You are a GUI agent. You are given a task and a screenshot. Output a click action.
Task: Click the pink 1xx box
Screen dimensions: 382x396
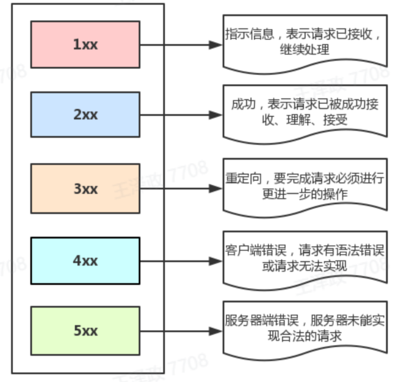85,44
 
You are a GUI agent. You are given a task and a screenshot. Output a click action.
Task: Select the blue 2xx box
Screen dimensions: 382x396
85,115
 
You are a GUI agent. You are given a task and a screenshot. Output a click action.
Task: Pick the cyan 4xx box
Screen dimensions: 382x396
85,261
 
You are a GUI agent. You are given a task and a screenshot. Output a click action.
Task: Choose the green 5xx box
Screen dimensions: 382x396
85,330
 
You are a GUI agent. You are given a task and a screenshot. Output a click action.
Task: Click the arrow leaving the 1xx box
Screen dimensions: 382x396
181,44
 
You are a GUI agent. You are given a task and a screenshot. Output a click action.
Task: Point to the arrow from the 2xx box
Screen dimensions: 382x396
181,115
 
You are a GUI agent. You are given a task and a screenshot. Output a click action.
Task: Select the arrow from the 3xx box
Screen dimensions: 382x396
181,188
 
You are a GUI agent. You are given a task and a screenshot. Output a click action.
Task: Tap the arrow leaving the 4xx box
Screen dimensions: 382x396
181,261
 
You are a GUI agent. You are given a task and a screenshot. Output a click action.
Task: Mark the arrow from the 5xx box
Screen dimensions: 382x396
181,331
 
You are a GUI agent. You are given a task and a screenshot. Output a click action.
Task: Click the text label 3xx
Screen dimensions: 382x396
86,188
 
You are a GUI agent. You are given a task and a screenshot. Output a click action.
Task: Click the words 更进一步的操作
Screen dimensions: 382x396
304,194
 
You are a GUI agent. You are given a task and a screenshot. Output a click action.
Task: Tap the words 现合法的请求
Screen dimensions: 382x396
304,336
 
